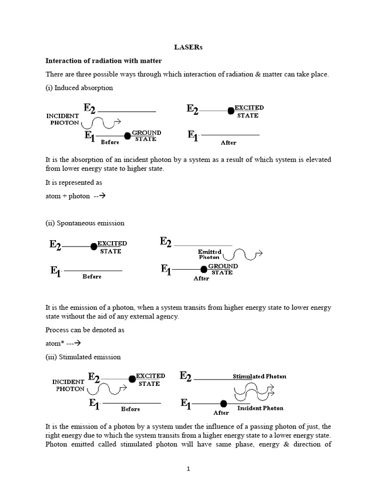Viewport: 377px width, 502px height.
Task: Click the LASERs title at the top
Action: (188, 48)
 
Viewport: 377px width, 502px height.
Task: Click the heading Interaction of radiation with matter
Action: (104, 61)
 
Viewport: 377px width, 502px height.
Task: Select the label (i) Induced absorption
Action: (79, 88)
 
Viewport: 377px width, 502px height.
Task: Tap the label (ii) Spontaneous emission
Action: (85, 223)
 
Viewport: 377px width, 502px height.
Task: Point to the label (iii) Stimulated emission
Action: (83, 357)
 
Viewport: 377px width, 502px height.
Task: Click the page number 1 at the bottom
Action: (188, 469)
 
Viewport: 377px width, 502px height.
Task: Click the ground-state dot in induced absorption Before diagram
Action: (128, 136)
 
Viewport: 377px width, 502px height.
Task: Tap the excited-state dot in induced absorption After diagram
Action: (230, 111)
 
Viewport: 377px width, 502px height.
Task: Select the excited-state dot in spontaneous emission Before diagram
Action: (94, 247)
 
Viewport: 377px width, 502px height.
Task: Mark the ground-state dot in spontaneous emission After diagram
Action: (204, 269)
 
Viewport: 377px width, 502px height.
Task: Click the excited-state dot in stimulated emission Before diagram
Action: (132, 379)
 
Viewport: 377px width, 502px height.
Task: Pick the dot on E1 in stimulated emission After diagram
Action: (223, 403)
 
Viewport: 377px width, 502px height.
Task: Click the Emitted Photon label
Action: (210, 254)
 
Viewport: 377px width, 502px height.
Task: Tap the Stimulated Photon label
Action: (259, 376)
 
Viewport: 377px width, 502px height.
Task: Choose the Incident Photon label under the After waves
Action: (260, 408)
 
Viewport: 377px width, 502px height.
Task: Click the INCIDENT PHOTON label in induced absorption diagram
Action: (63, 119)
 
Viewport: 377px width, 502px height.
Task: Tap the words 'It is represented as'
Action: (74, 182)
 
